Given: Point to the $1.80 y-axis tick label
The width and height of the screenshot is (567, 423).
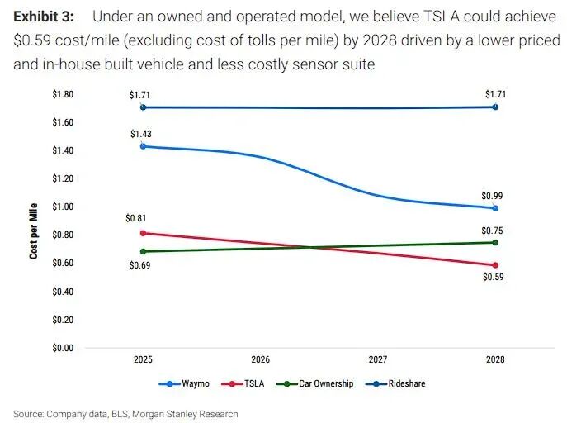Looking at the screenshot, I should point(63,94).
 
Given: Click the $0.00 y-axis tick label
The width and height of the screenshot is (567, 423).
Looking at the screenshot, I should point(63,348).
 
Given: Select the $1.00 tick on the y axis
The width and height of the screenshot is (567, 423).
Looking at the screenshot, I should point(63,207).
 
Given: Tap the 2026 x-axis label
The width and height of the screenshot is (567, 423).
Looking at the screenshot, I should point(261,360).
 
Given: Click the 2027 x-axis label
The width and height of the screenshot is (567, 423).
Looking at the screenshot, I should point(378,360).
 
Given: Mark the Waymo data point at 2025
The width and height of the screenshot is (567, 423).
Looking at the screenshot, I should point(144,146).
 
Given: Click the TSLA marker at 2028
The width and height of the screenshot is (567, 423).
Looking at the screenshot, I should point(494,265).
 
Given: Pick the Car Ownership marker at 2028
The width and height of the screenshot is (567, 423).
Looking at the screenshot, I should point(494,242).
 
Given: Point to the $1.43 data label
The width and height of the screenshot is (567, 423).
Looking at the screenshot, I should point(140,134).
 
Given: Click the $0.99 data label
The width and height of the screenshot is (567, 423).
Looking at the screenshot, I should point(493,197).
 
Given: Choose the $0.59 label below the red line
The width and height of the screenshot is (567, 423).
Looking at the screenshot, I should point(494,278).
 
